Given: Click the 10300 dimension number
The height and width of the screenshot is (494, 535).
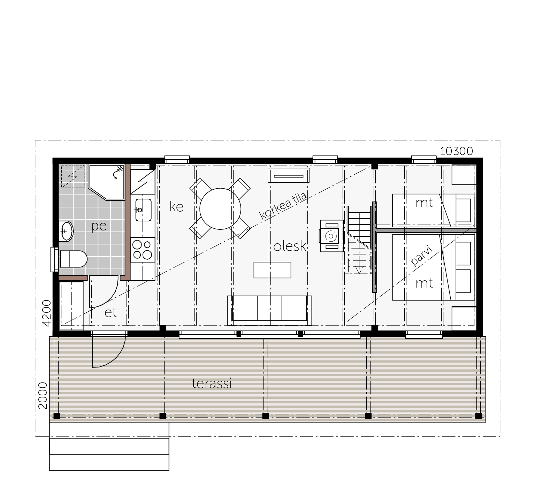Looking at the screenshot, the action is coord(457,151).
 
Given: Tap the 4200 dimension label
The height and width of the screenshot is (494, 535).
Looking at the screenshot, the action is coord(46,313).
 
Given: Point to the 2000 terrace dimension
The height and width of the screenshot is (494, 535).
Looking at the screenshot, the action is coord(43,396).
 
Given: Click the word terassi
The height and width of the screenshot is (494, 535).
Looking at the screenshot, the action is coord(212,383).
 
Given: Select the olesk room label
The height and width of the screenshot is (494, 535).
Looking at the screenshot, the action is coord(290,246).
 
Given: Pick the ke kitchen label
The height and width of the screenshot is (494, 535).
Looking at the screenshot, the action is coord(176,207).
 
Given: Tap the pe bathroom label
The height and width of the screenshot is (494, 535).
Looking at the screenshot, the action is coord(99,227).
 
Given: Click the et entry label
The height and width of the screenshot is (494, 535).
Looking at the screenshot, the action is coord(110,313).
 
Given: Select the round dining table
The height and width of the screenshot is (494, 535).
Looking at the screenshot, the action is coord(220,209).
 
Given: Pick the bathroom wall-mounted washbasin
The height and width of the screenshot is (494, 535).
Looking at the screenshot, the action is coord(66,231).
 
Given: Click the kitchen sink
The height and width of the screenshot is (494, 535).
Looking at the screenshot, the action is coord(143,210).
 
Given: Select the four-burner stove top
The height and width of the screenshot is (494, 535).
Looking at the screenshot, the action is coord(143,250).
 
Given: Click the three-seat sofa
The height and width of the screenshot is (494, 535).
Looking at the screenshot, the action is coord(269,311).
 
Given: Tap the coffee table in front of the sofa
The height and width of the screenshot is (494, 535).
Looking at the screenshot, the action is coord(272,270).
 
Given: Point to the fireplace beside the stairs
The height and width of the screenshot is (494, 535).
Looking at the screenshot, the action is coord(332,236).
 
